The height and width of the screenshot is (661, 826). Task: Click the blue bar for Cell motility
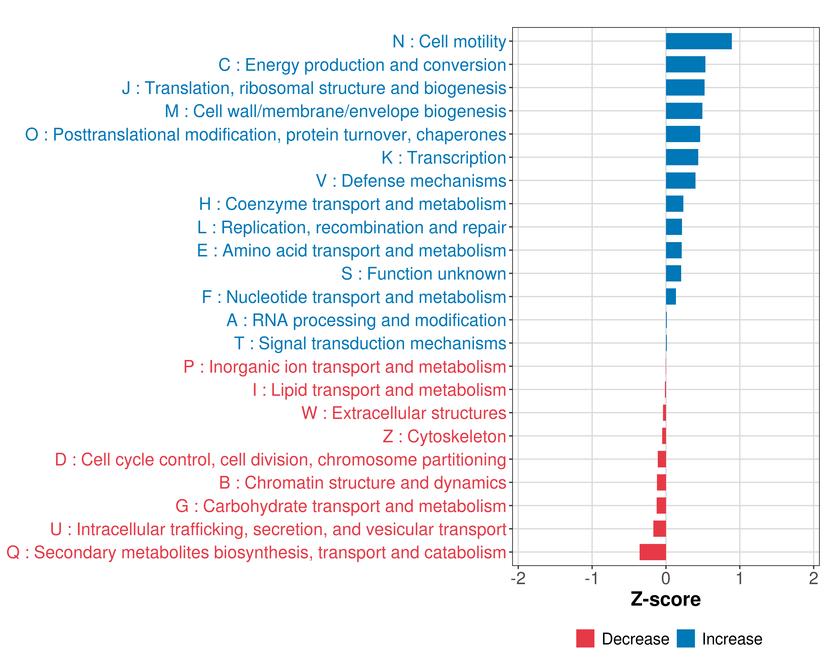(699, 41)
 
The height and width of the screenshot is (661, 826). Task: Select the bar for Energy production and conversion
(685, 64)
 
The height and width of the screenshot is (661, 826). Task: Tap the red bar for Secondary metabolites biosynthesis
(653, 552)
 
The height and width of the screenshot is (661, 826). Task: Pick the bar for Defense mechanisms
(680, 180)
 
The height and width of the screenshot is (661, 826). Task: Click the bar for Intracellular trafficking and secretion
(659, 529)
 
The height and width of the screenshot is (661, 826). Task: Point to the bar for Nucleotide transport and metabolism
(671, 297)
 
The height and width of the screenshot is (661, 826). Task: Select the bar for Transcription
(682, 157)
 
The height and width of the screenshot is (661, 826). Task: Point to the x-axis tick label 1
(740, 578)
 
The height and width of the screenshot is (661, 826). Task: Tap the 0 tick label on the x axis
(666, 578)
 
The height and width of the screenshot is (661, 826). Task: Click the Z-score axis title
(665, 599)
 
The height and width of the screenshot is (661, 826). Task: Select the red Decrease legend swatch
(585, 638)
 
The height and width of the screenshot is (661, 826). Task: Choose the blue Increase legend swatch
(685, 638)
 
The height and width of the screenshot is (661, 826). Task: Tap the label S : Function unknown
(424, 273)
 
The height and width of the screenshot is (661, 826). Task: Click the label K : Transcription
(444, 158)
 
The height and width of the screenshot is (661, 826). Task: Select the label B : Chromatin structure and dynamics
(362, 483)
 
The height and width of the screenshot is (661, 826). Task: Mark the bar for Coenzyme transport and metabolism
(675, 204)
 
